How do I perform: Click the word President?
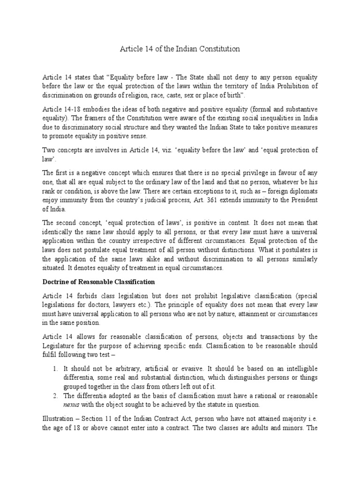[303, 200]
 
